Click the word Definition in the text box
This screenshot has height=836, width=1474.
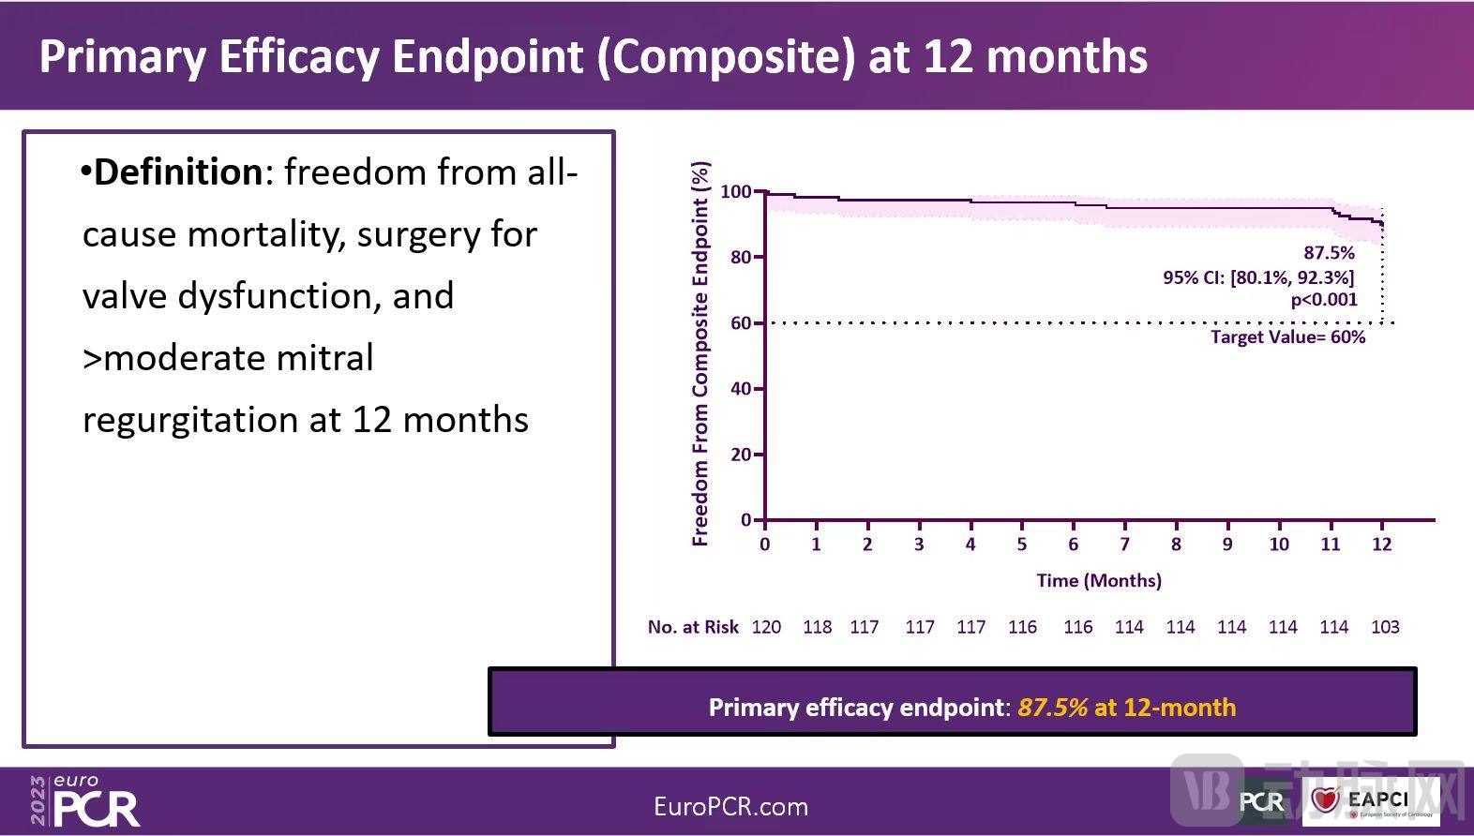click(178, 172)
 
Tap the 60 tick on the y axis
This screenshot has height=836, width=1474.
click(741, 323)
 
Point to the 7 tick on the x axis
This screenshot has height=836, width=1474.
click(1124, 545)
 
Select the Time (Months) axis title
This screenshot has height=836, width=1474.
click(1099, 580)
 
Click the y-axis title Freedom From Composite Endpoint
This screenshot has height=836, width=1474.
click(700, 354)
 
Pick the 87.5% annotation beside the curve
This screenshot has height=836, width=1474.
click(1329, 253)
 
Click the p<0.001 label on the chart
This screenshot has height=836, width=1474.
click(1324, 300)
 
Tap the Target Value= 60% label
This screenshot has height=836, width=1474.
click(1287, 337)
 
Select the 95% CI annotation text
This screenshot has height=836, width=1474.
click(1258, 277)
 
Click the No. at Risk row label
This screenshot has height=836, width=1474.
click(693, 627)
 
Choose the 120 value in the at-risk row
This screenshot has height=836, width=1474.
click(766, 627)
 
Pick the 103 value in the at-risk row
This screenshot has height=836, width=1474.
click(1385, 627)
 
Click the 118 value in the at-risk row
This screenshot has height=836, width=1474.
click(817, 627)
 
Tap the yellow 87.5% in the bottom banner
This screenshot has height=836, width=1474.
click(1052, 708)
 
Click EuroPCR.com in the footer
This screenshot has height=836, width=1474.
click(730, 807)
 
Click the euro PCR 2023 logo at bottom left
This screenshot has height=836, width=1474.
click(84, 802)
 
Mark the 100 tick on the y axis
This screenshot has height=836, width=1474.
click(736, 192)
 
